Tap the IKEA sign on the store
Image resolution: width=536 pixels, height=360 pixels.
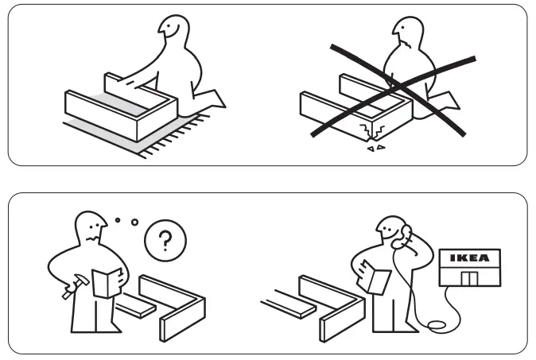point(470,258)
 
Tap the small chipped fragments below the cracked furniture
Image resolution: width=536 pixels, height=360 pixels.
point(375,148)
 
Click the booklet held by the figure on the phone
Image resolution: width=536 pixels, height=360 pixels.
point(376,279)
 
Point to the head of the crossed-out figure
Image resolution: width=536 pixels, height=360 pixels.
point(406,32)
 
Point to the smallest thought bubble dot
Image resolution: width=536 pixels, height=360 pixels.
point(118,219)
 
